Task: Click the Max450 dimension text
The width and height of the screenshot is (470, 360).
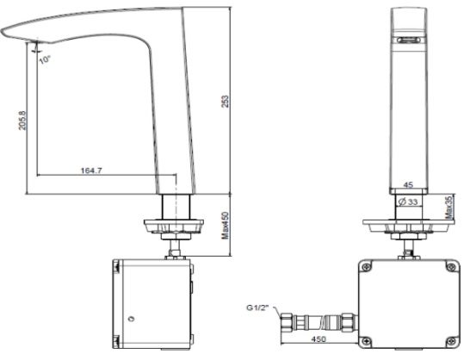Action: tap(227, 228)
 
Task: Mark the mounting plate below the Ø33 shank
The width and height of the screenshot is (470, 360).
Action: tap(410, 226)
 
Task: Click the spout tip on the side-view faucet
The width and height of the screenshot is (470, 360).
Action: tap(7, 34)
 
